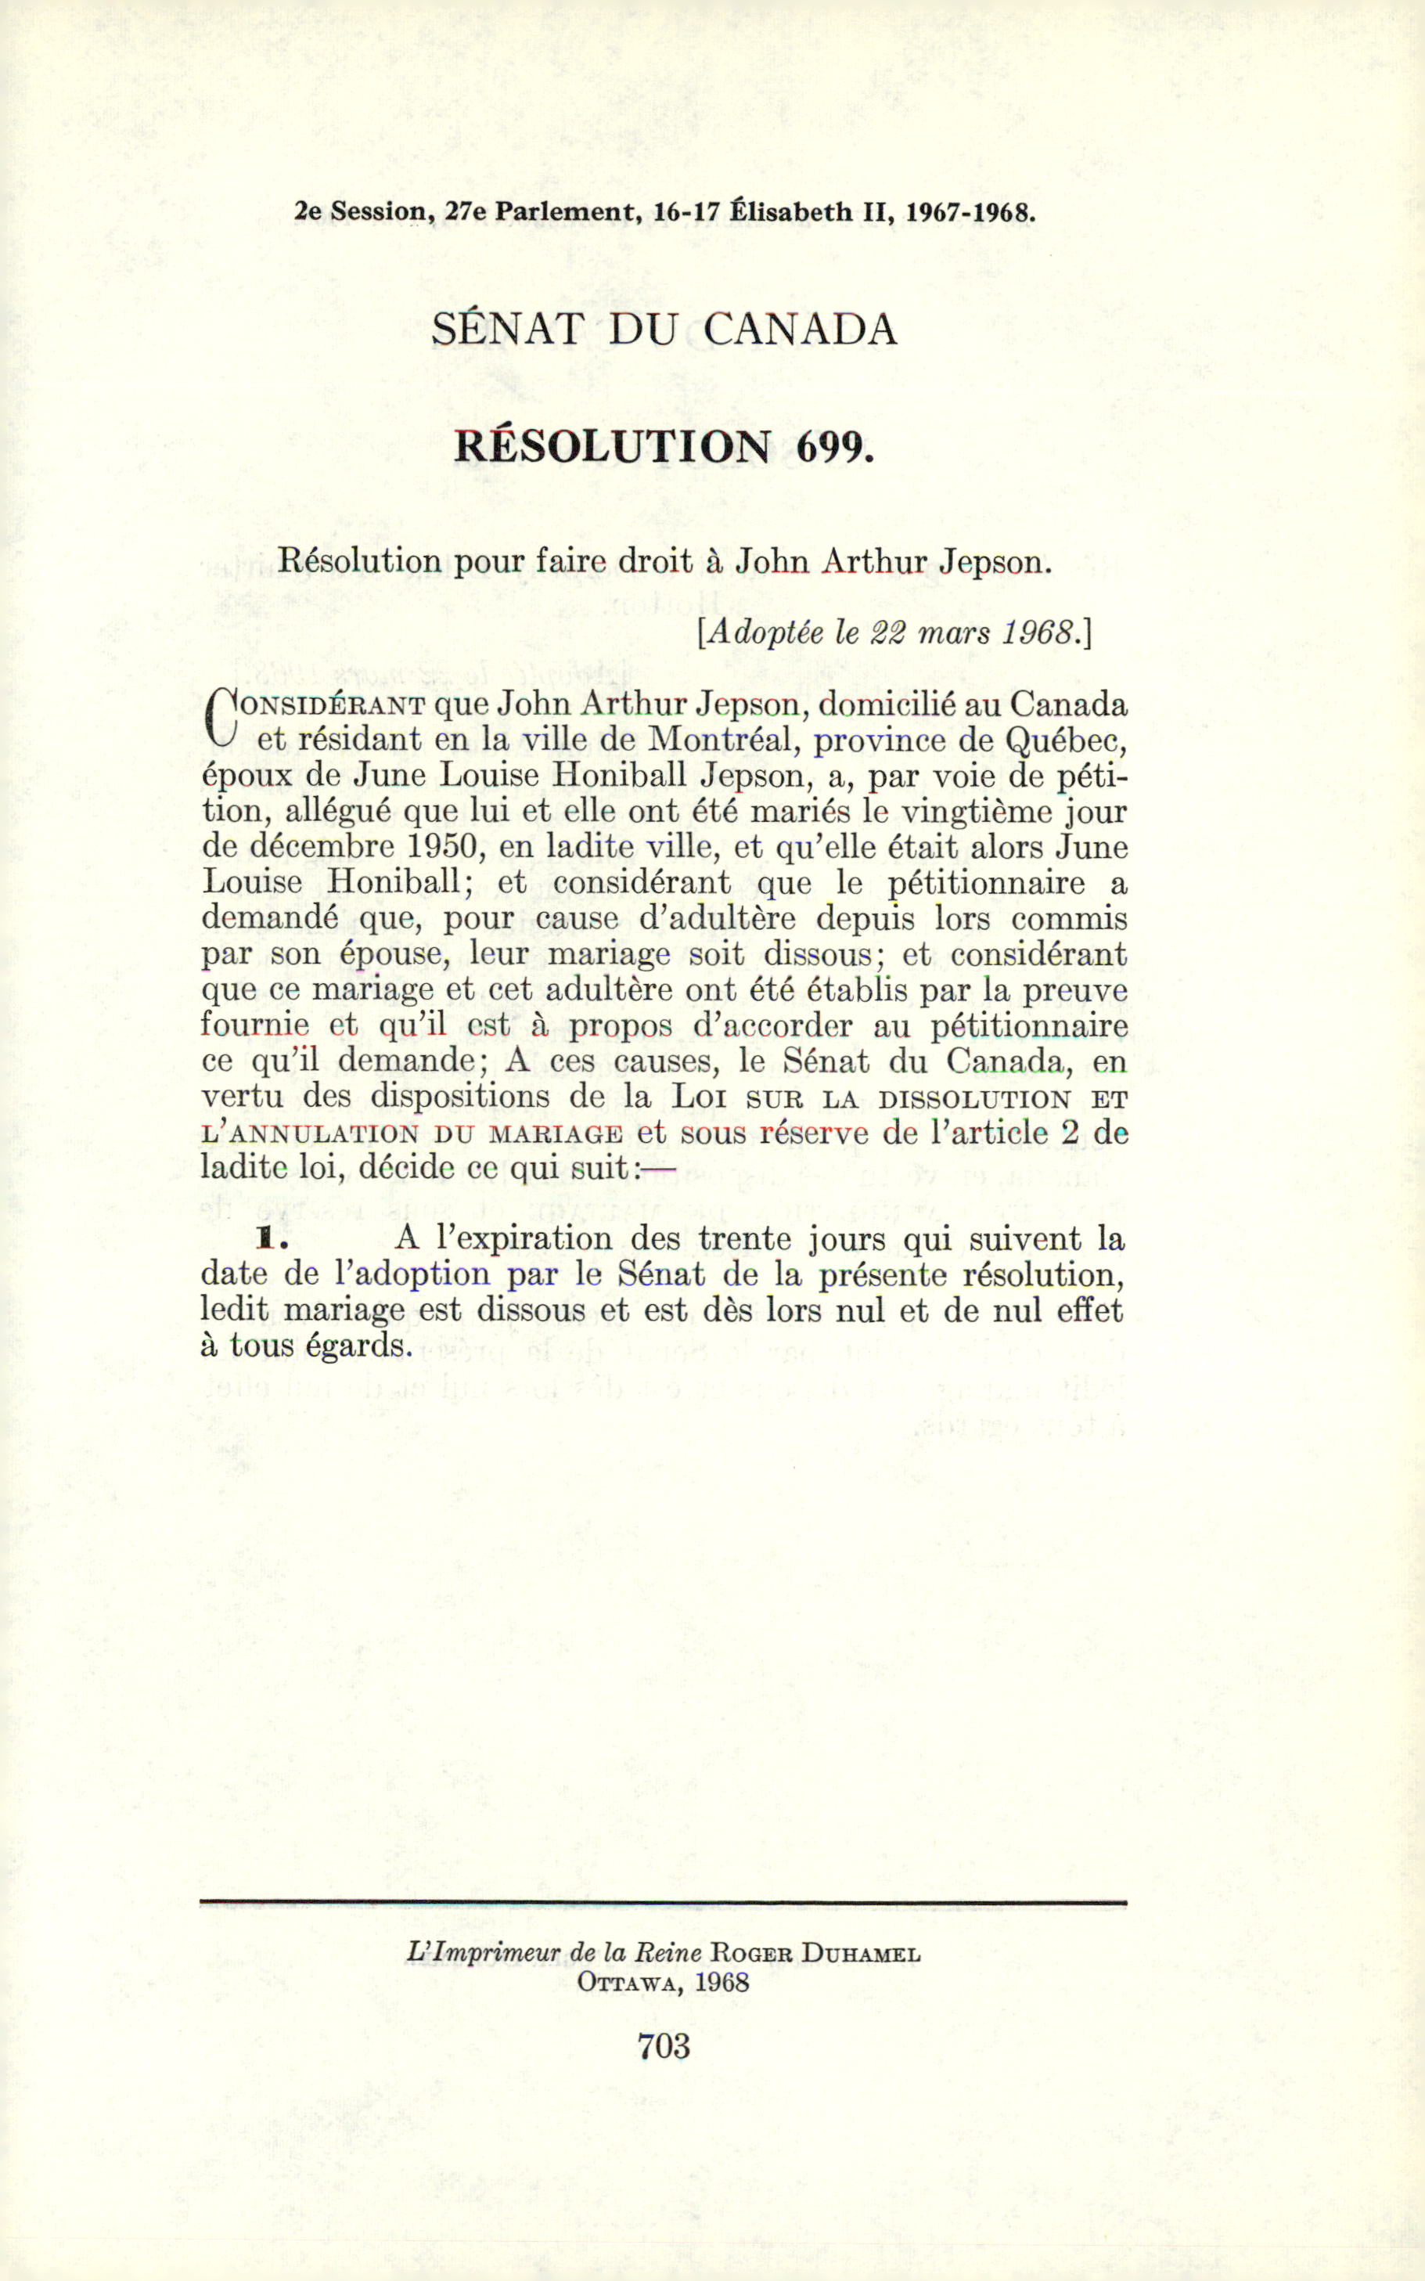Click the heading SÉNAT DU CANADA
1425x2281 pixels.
tap(664, 329)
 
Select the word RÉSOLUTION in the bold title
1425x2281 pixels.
tap(613, 446)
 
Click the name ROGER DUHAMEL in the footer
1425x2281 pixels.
tap(816, 1954)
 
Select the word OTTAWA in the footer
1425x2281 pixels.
tap(631, 1982)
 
